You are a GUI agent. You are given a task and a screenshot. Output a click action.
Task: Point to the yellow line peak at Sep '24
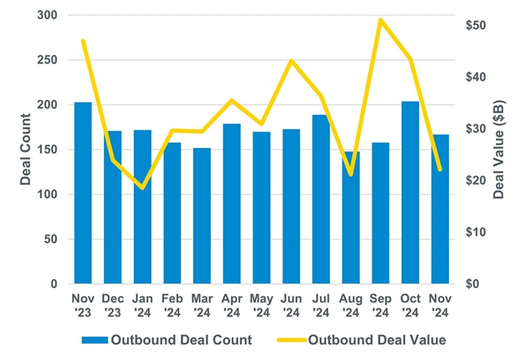380,20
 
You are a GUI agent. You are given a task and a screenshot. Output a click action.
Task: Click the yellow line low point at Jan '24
143,188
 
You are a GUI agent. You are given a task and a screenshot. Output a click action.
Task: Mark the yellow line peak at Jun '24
291,60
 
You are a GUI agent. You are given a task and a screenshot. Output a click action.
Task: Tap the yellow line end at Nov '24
440,169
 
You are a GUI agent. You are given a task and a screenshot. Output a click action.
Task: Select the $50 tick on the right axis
478,26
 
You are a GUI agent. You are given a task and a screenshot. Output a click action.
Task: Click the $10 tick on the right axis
478,232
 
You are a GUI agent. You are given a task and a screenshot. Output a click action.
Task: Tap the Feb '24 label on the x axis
172,305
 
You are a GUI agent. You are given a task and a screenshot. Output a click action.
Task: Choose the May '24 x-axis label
261,305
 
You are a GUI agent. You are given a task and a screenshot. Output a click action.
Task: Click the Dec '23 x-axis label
113,305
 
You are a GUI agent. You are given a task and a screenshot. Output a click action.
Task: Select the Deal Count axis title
26,149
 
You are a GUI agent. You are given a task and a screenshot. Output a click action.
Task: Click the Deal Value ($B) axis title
499,149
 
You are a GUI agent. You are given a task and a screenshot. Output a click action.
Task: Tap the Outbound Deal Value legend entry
363,340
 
